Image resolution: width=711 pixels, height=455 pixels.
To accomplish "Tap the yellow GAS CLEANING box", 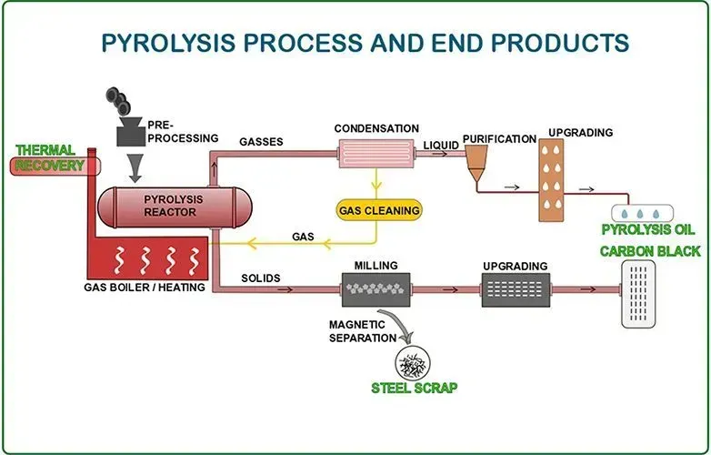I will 379,210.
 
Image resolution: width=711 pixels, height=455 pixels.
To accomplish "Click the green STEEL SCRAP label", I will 414,388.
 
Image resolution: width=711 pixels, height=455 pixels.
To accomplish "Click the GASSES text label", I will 261,142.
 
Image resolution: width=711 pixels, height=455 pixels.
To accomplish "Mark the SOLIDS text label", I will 260,277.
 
